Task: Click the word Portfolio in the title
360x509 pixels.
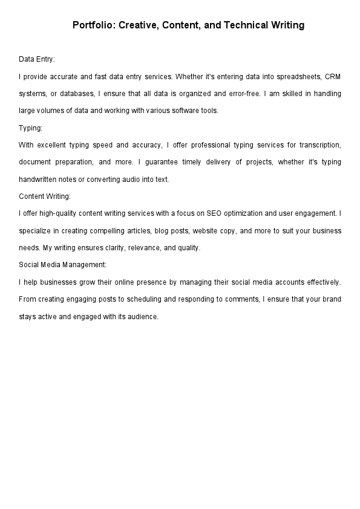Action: tap(93, 25)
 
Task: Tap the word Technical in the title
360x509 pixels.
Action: tap(242, 25)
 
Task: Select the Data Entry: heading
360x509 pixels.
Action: tap(37, 59)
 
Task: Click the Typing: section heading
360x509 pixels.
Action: tap(30, 128)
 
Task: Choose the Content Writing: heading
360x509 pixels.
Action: tap(45, 196)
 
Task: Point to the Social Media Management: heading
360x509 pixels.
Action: tap(63, 265)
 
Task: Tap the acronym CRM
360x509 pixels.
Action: tap(333, 77)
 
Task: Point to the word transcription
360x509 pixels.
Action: tap(320, 145)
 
